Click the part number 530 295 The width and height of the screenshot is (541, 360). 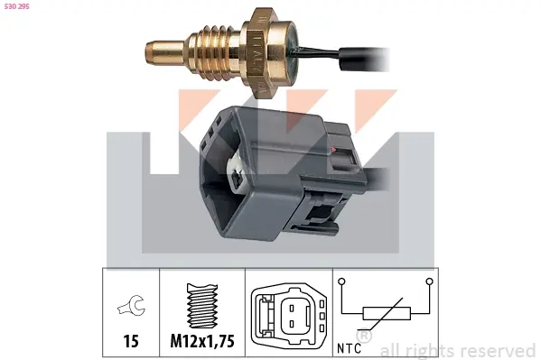pyautogui.click(x=16, y=6)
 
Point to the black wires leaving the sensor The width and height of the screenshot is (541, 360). pyautogui.click(x=341, y=57)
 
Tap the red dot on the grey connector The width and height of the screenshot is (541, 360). pyautogui.click(x=333, y=149)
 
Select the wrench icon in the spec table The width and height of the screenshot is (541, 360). pyautogui.click(x=132, y=305)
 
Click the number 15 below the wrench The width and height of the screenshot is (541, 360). pyautogui.click(x=131, y=341)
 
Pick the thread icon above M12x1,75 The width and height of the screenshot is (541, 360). pyautogui.click(x=202, y=306)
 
